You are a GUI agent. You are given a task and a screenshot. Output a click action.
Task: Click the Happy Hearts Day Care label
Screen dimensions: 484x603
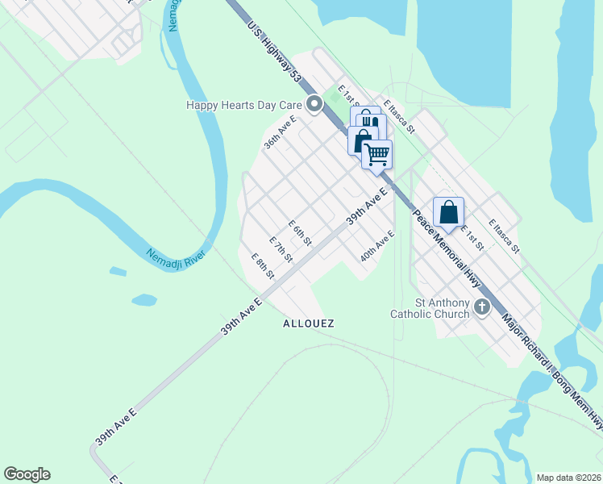point(243,105)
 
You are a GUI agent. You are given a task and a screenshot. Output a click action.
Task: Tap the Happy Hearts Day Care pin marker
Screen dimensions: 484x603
point(314,104)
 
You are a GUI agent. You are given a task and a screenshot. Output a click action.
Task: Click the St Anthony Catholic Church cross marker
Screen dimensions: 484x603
point(482,307)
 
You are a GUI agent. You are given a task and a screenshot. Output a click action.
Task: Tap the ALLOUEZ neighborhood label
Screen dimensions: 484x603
point(309,323)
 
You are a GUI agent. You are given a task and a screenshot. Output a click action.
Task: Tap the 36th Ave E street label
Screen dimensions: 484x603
point(280,133)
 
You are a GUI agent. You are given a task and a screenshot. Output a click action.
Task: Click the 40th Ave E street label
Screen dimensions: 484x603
point(377,245)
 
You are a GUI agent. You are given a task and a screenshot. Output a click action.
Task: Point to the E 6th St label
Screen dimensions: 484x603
point(300,232)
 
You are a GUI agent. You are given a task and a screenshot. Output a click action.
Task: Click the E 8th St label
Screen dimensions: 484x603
point(264,266)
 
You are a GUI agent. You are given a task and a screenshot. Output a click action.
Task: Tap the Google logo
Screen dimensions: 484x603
point(27,474)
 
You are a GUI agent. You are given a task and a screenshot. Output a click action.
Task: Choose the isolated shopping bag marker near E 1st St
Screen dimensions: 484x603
point(449,212)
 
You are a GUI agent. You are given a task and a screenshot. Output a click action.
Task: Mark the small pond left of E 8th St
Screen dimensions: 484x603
point(143,300)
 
